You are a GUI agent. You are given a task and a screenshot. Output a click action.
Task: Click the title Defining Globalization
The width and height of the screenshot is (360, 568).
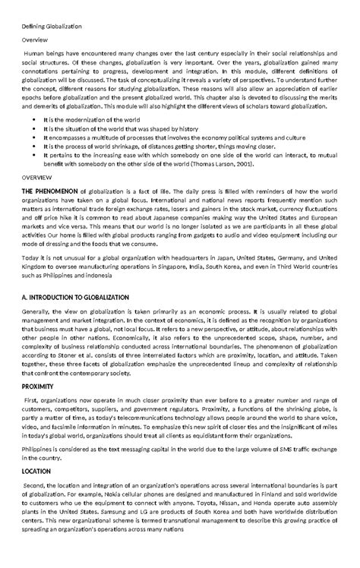[x=51, y=27]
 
